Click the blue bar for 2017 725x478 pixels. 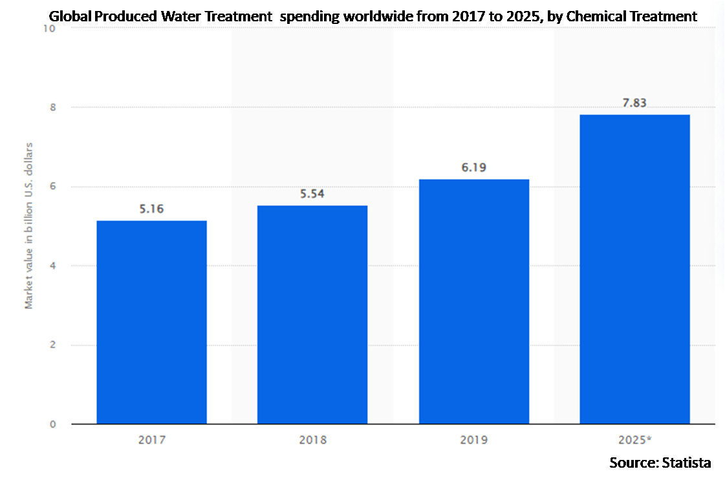pos(151,322)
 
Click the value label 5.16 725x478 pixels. pos(151,209)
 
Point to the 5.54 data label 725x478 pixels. pos(312,194)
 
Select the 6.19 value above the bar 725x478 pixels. pos(473,168)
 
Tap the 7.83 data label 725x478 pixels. pos(634,103)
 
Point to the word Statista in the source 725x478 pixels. pos(686,462)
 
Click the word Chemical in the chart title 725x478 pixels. pos(595,17)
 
